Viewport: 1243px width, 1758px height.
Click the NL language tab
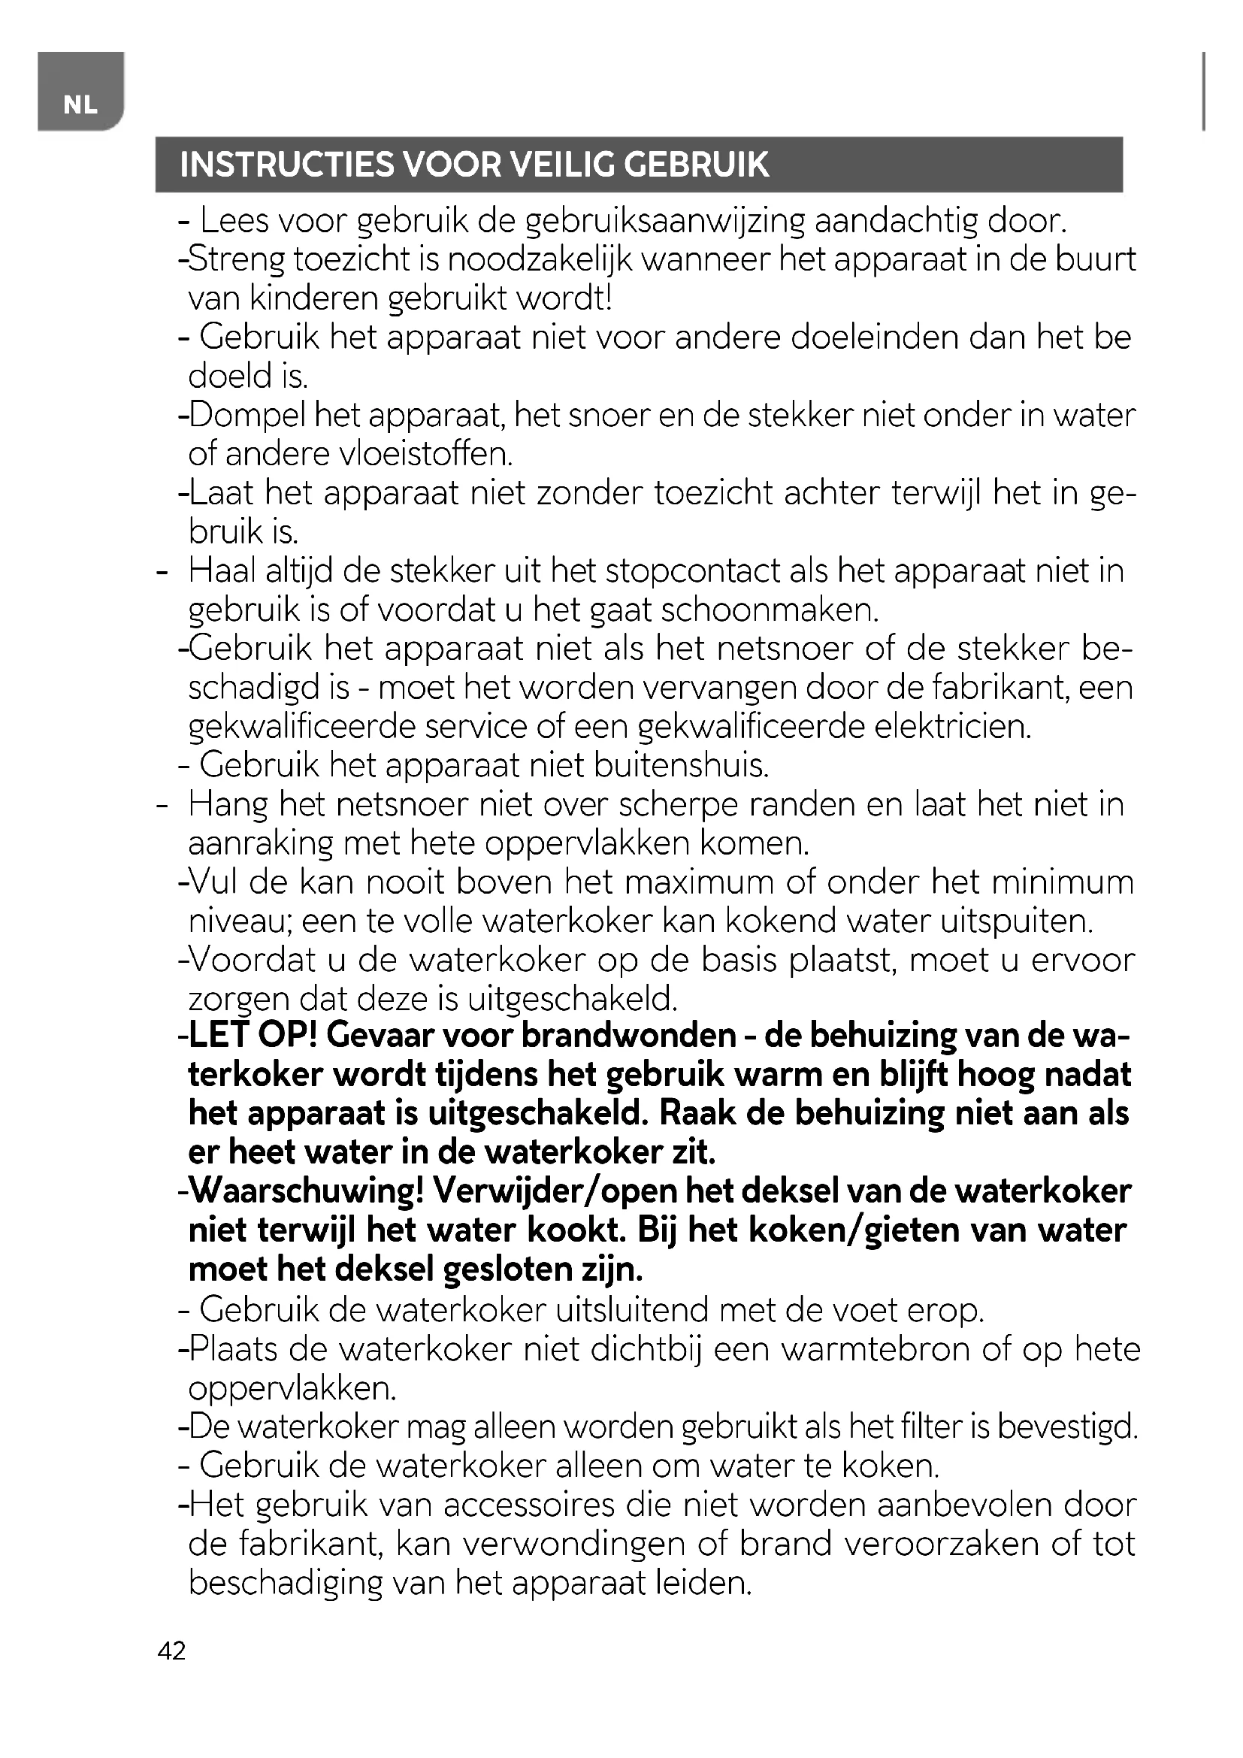click(x=80, y=105)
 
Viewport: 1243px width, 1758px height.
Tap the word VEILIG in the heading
click(x=564, y=165)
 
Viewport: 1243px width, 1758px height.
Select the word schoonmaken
click(x=770, y=611)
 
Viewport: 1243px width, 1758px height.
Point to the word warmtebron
click(x=876, y=1350)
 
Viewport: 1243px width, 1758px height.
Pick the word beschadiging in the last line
click(x=285, y=1584)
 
